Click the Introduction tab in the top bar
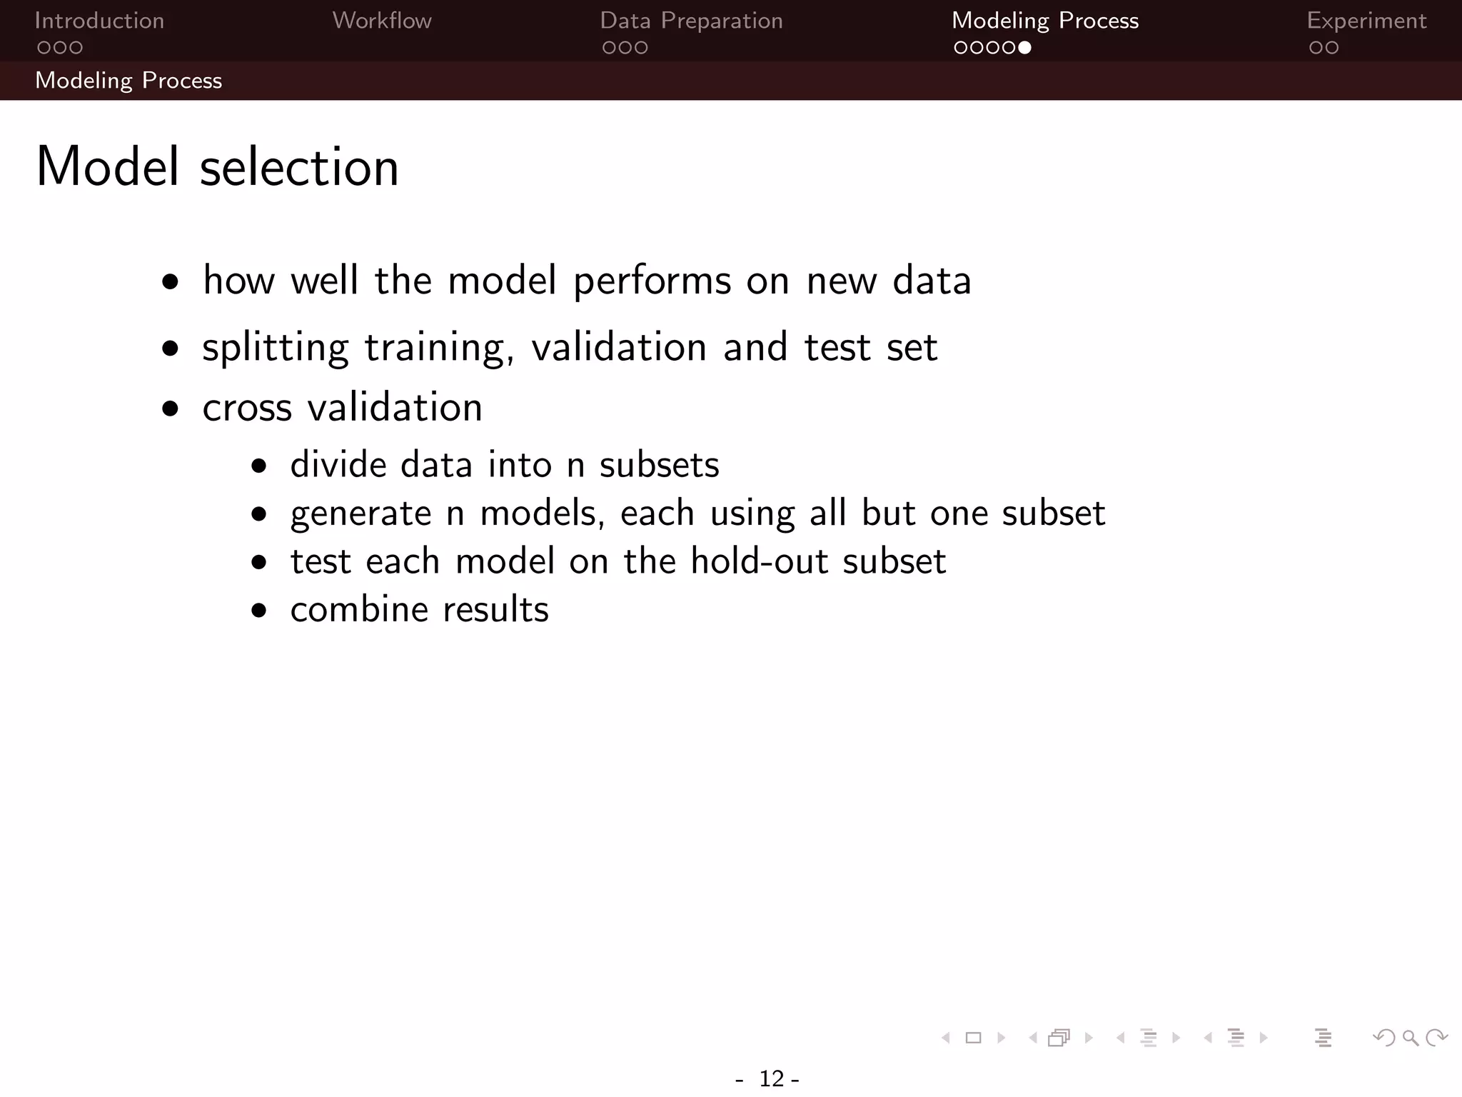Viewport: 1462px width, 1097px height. (x=99, y=21)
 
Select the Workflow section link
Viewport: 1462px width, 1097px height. (x=382, y=21)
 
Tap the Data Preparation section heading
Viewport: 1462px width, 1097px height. (x=691, y=21)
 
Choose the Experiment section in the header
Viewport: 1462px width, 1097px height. (x=1366, y=21)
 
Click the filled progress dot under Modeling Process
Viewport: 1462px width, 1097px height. (x=1024, y=48)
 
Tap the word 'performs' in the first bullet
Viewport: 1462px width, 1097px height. (x=652, y=281)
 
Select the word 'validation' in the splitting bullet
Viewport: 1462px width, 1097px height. (x=619, y=348)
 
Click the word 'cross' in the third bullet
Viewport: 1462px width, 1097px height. (x=247, y=408)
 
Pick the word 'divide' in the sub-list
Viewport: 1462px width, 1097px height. (x=338, y=465)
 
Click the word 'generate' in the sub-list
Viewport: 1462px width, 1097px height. (x=361, y=514)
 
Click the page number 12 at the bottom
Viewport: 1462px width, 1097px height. (x=772, y=1078)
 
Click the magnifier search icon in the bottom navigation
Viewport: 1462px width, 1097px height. (x=1410, y=1038)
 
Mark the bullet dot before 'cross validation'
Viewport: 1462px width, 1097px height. (x=170, y=409)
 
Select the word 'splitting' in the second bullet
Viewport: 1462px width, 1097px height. (x=275, y=349)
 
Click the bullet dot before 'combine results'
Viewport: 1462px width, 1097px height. (x=259, y=611)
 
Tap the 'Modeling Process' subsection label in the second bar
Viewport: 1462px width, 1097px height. (x=128, y=81)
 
